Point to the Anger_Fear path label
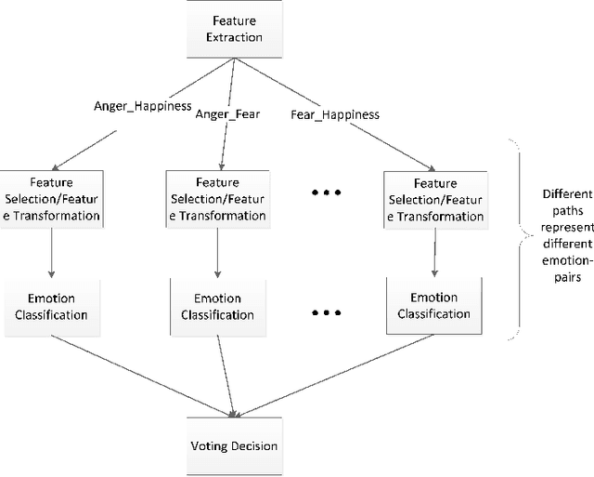tap(228, 114)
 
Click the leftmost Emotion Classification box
tap(51, 306)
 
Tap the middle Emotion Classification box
tap(217, 306)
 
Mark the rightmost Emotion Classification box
tap(434, 306)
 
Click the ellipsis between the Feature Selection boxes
tap(326, 193)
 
